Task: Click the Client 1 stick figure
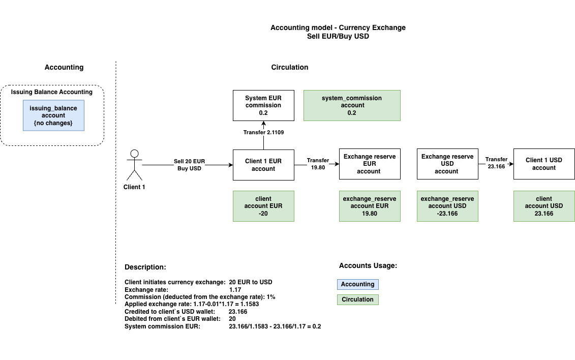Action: tap(135, 165)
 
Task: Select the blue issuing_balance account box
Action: tap(53, 116)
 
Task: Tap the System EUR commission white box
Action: tap(263, 105)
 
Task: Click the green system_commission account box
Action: tap(352, 105)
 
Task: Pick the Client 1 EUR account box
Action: tap(263, 165)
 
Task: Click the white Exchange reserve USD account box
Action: tap(447, 164)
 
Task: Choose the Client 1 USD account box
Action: tap(543, 164)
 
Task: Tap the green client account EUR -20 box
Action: tap(263, 206)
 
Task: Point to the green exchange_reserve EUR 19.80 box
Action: tap(370, 206)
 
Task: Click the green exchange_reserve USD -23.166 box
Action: tap(447, 206)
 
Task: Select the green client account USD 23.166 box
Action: tap(544, 206)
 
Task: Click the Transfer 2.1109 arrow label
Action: tap(263, 133)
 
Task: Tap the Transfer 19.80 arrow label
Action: tap(318, 164)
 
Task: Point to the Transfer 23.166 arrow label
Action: tap(496, 163)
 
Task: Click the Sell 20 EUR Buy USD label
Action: tap(189, 165)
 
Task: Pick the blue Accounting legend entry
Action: tap(357, 284)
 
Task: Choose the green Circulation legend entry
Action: tap(357, 299)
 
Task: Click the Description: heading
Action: tap(145, 267)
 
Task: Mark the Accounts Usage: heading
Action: tap(368, 265)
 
